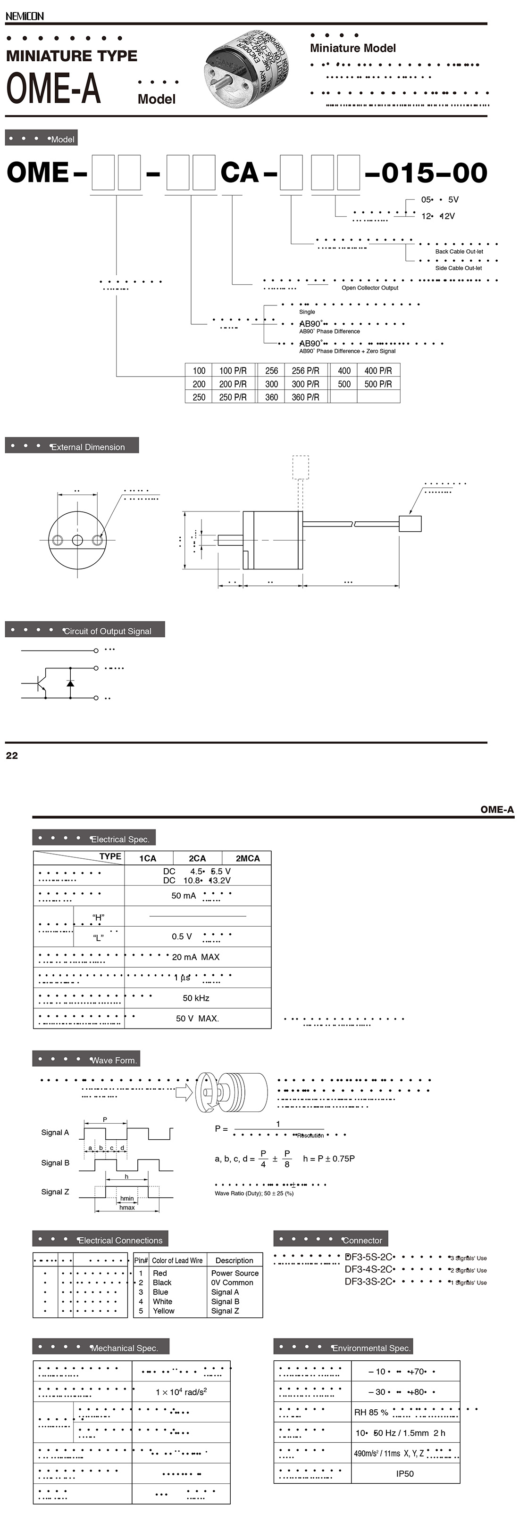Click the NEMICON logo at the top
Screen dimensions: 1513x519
tap(24, 16)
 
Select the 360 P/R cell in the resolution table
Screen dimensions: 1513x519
tap(306, 397)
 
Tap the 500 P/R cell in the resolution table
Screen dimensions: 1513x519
tap(378, 384)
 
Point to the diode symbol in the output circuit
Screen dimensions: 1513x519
tap(70, 683)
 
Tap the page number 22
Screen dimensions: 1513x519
tap(12, 756)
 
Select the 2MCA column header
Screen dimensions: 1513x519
tap(247, 858)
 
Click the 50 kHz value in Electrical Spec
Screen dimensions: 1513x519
tap(196, 998)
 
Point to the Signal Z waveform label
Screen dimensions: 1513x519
tap(55, 1192)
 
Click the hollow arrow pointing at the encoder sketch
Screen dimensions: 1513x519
tap(184, 1092)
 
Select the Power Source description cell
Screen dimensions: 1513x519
tap(234, 1273)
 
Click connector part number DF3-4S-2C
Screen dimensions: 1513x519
tap(368, 1269)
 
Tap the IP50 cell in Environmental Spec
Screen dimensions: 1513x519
tap(404, 1474)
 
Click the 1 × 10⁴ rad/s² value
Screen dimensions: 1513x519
tap(181, 1392)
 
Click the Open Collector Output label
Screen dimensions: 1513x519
tap(370, 288)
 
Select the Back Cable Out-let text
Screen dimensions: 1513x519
tap(459, 251)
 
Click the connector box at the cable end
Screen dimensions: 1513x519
tap(410, 523)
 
